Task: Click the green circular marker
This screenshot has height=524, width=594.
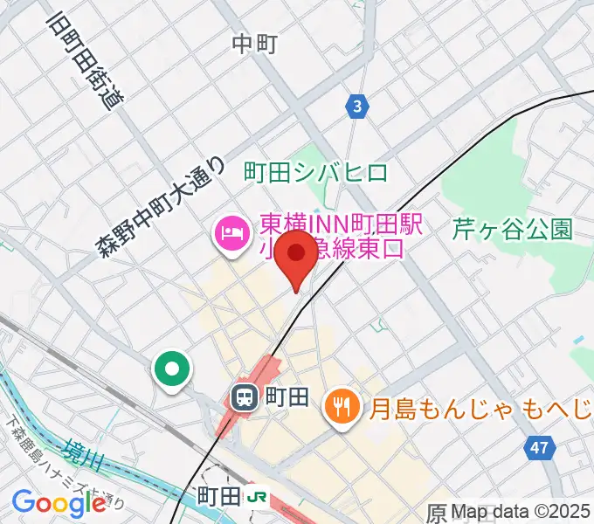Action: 172,369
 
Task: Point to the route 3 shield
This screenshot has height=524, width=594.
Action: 356,107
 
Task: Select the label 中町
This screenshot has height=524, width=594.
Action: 255,44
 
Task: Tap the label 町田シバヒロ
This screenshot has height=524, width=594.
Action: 315,171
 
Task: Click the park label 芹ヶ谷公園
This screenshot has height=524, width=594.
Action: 512,230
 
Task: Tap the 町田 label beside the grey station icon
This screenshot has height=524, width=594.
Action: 287,398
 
